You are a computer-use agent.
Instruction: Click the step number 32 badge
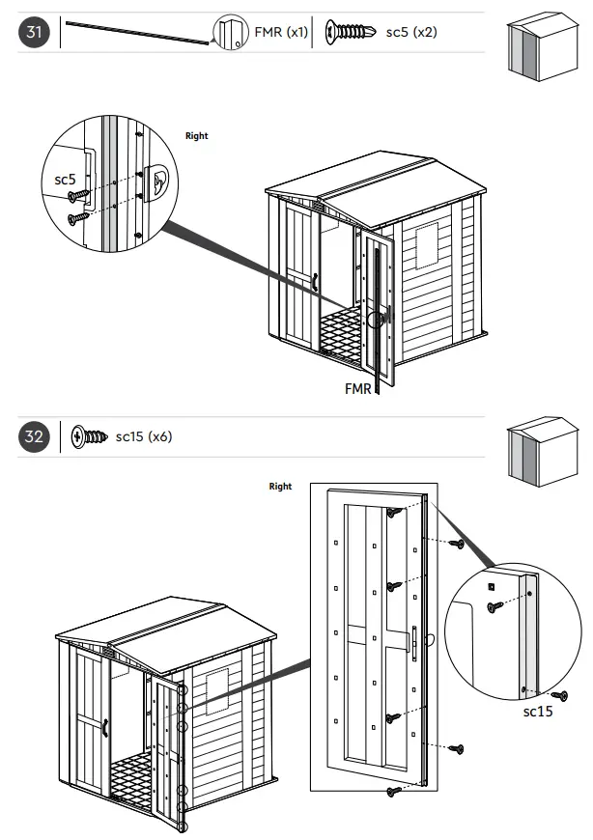click(34, 437)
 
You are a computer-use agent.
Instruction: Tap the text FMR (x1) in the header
click(281, 33)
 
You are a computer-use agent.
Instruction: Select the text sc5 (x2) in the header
click(411, 33)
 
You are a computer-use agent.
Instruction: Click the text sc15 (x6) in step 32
click(144, 437)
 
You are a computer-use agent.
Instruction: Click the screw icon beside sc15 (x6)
click(88, 437)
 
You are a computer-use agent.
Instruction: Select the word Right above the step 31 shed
click(196, 136)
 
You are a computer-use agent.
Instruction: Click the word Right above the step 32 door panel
click(280, 487)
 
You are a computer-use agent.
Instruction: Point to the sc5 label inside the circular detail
click(65, 180)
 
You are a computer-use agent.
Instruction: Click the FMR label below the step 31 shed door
click(357, 390)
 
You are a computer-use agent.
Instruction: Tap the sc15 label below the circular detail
click(538, 712)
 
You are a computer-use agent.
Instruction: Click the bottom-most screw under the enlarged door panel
click(393, 791)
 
